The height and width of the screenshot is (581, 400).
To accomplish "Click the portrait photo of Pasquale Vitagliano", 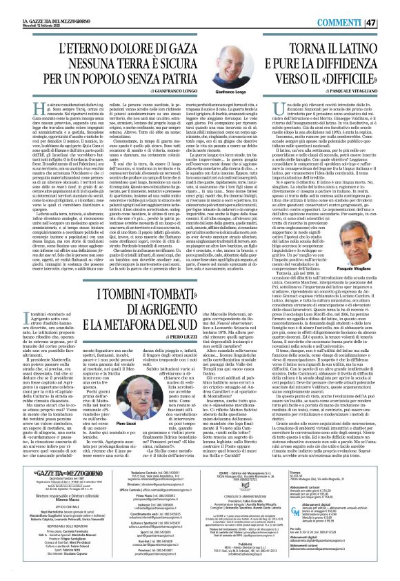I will pos(355,207).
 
